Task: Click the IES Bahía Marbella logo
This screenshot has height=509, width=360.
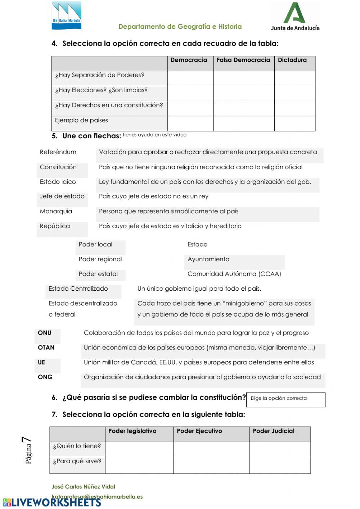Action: pyautogui.click(x=66, y=15)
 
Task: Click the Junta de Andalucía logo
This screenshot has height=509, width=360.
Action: pyautogui.click(x=295, y=17)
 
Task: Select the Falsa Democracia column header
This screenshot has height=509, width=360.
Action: pyautogui.click(x=243, y=60)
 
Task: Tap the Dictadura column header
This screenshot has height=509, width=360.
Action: pyautogui.click(x=292, y=60)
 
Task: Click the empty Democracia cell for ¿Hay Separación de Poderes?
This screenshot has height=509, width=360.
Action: pyautogui.click(x=190, y=78)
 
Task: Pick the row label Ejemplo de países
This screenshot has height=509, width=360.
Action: pyautogui.click(x=81, y=120)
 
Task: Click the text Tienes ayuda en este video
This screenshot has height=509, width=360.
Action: pyautogui.click(x=154, y=135)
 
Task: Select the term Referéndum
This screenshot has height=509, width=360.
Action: pyautogui.click(x=58, y=152)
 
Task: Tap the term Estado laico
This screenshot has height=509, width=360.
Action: pyautogui.click(x=58, y=182)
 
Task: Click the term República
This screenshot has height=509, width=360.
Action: pyautogui.click(x=55, y=226)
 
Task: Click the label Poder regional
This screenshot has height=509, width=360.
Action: pyautogui.click(x=100, y=259)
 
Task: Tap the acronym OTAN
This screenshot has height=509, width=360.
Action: pyautogui.click(x=46, y=348)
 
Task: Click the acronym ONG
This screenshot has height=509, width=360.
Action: pyautogui.click(x=45, y=377)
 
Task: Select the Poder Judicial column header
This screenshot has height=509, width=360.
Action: pyautogui.click(x=274, y=431)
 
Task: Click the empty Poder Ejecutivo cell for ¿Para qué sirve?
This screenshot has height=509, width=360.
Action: pyautogui.click(x=211, y=465)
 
